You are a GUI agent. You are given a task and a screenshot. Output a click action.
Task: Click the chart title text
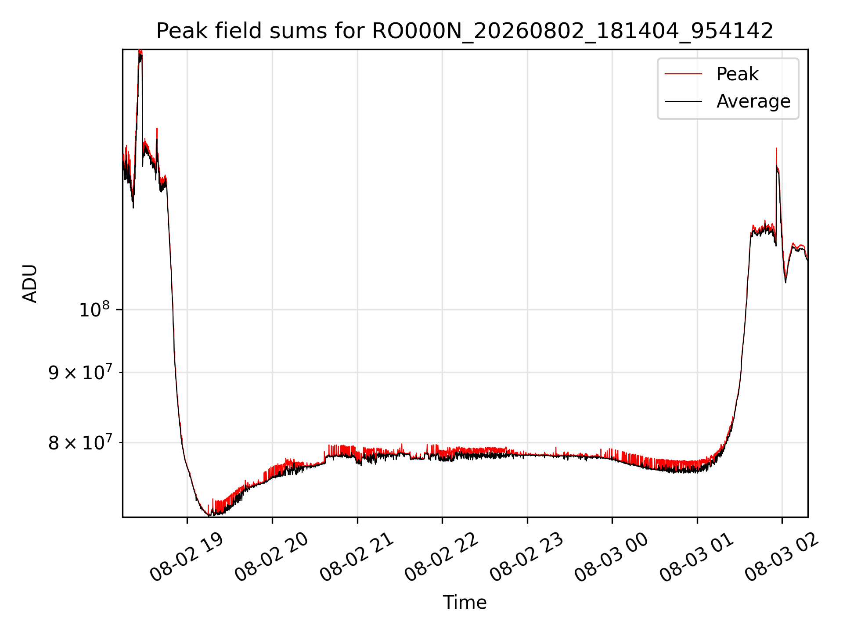(465, 31)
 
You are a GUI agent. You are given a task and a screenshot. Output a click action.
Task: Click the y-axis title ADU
(30, 284)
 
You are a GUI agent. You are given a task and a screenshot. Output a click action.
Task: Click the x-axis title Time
(465, 603)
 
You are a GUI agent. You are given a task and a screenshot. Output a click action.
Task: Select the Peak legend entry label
(737, 74)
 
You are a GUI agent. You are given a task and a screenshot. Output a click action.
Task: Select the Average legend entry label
(753, 101)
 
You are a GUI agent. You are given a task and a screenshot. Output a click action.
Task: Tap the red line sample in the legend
(683, 74)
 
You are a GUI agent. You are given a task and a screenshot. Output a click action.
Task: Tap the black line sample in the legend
(683, 101)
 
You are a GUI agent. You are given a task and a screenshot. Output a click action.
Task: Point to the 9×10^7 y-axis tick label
(79, 372)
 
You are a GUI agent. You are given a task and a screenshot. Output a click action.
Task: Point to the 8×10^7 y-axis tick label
(79, 442)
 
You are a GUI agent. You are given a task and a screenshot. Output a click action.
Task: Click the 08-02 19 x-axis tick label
(187, 557)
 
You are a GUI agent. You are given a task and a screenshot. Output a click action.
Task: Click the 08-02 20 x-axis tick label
(271, 557)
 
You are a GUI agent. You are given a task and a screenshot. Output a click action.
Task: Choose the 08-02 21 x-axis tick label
(357, 557)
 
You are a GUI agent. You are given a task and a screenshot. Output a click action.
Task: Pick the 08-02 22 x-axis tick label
(441, 557)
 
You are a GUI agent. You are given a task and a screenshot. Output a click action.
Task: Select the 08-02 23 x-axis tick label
(526, 557)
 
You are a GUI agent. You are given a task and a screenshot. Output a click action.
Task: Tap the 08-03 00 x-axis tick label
(611, 557)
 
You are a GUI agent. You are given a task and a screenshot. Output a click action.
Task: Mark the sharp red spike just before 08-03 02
(776, 149)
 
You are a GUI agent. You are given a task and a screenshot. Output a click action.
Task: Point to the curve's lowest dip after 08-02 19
(209, 515)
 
